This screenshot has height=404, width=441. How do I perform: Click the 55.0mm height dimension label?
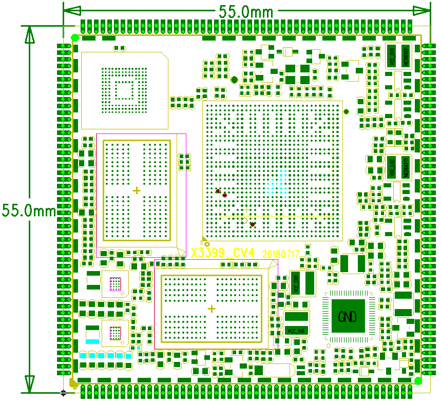(28, 210)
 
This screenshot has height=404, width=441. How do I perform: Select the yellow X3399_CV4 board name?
(223, 253)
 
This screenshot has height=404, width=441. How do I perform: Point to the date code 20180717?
(280, 254)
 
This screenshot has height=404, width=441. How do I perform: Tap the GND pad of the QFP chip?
(348, 316)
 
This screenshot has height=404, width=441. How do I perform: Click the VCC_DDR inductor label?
(296, 283)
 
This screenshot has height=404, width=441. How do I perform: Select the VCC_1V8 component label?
(297, 330)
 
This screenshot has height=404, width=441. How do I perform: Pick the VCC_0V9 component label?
(391, 55)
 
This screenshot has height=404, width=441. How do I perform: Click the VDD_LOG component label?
(392, 167)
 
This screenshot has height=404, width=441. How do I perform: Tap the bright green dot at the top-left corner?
(75, 37)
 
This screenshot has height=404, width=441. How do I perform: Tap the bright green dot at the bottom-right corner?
(418, 380)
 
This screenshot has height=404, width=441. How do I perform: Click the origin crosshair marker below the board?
(63, 393)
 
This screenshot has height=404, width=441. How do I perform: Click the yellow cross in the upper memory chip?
(137, 190)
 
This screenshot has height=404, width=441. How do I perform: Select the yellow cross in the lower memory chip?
(212, 309)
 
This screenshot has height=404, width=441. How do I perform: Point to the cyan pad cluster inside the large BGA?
(278, 182)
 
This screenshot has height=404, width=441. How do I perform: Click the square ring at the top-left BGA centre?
(124, 90)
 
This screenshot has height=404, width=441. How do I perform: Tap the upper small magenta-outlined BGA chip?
(115, 284)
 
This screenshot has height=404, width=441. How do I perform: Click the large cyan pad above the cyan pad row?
(92, 340)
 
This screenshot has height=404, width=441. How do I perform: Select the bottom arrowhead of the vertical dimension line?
(29, 383)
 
